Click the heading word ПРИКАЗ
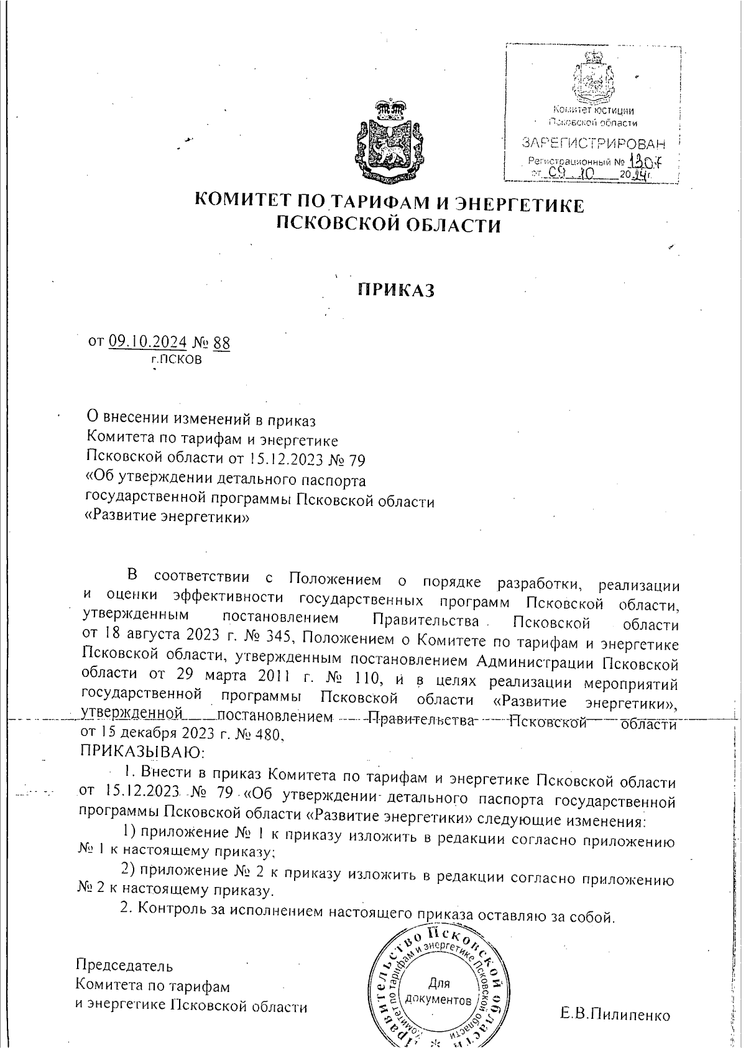point(395,290)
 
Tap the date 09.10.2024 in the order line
point(147,341)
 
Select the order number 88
point(221,342)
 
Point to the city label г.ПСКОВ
point(177,360)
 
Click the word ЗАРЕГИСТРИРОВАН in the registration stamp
point(593,144)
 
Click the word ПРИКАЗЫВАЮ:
point(143,753)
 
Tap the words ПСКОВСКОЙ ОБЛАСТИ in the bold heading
point(389,224)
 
